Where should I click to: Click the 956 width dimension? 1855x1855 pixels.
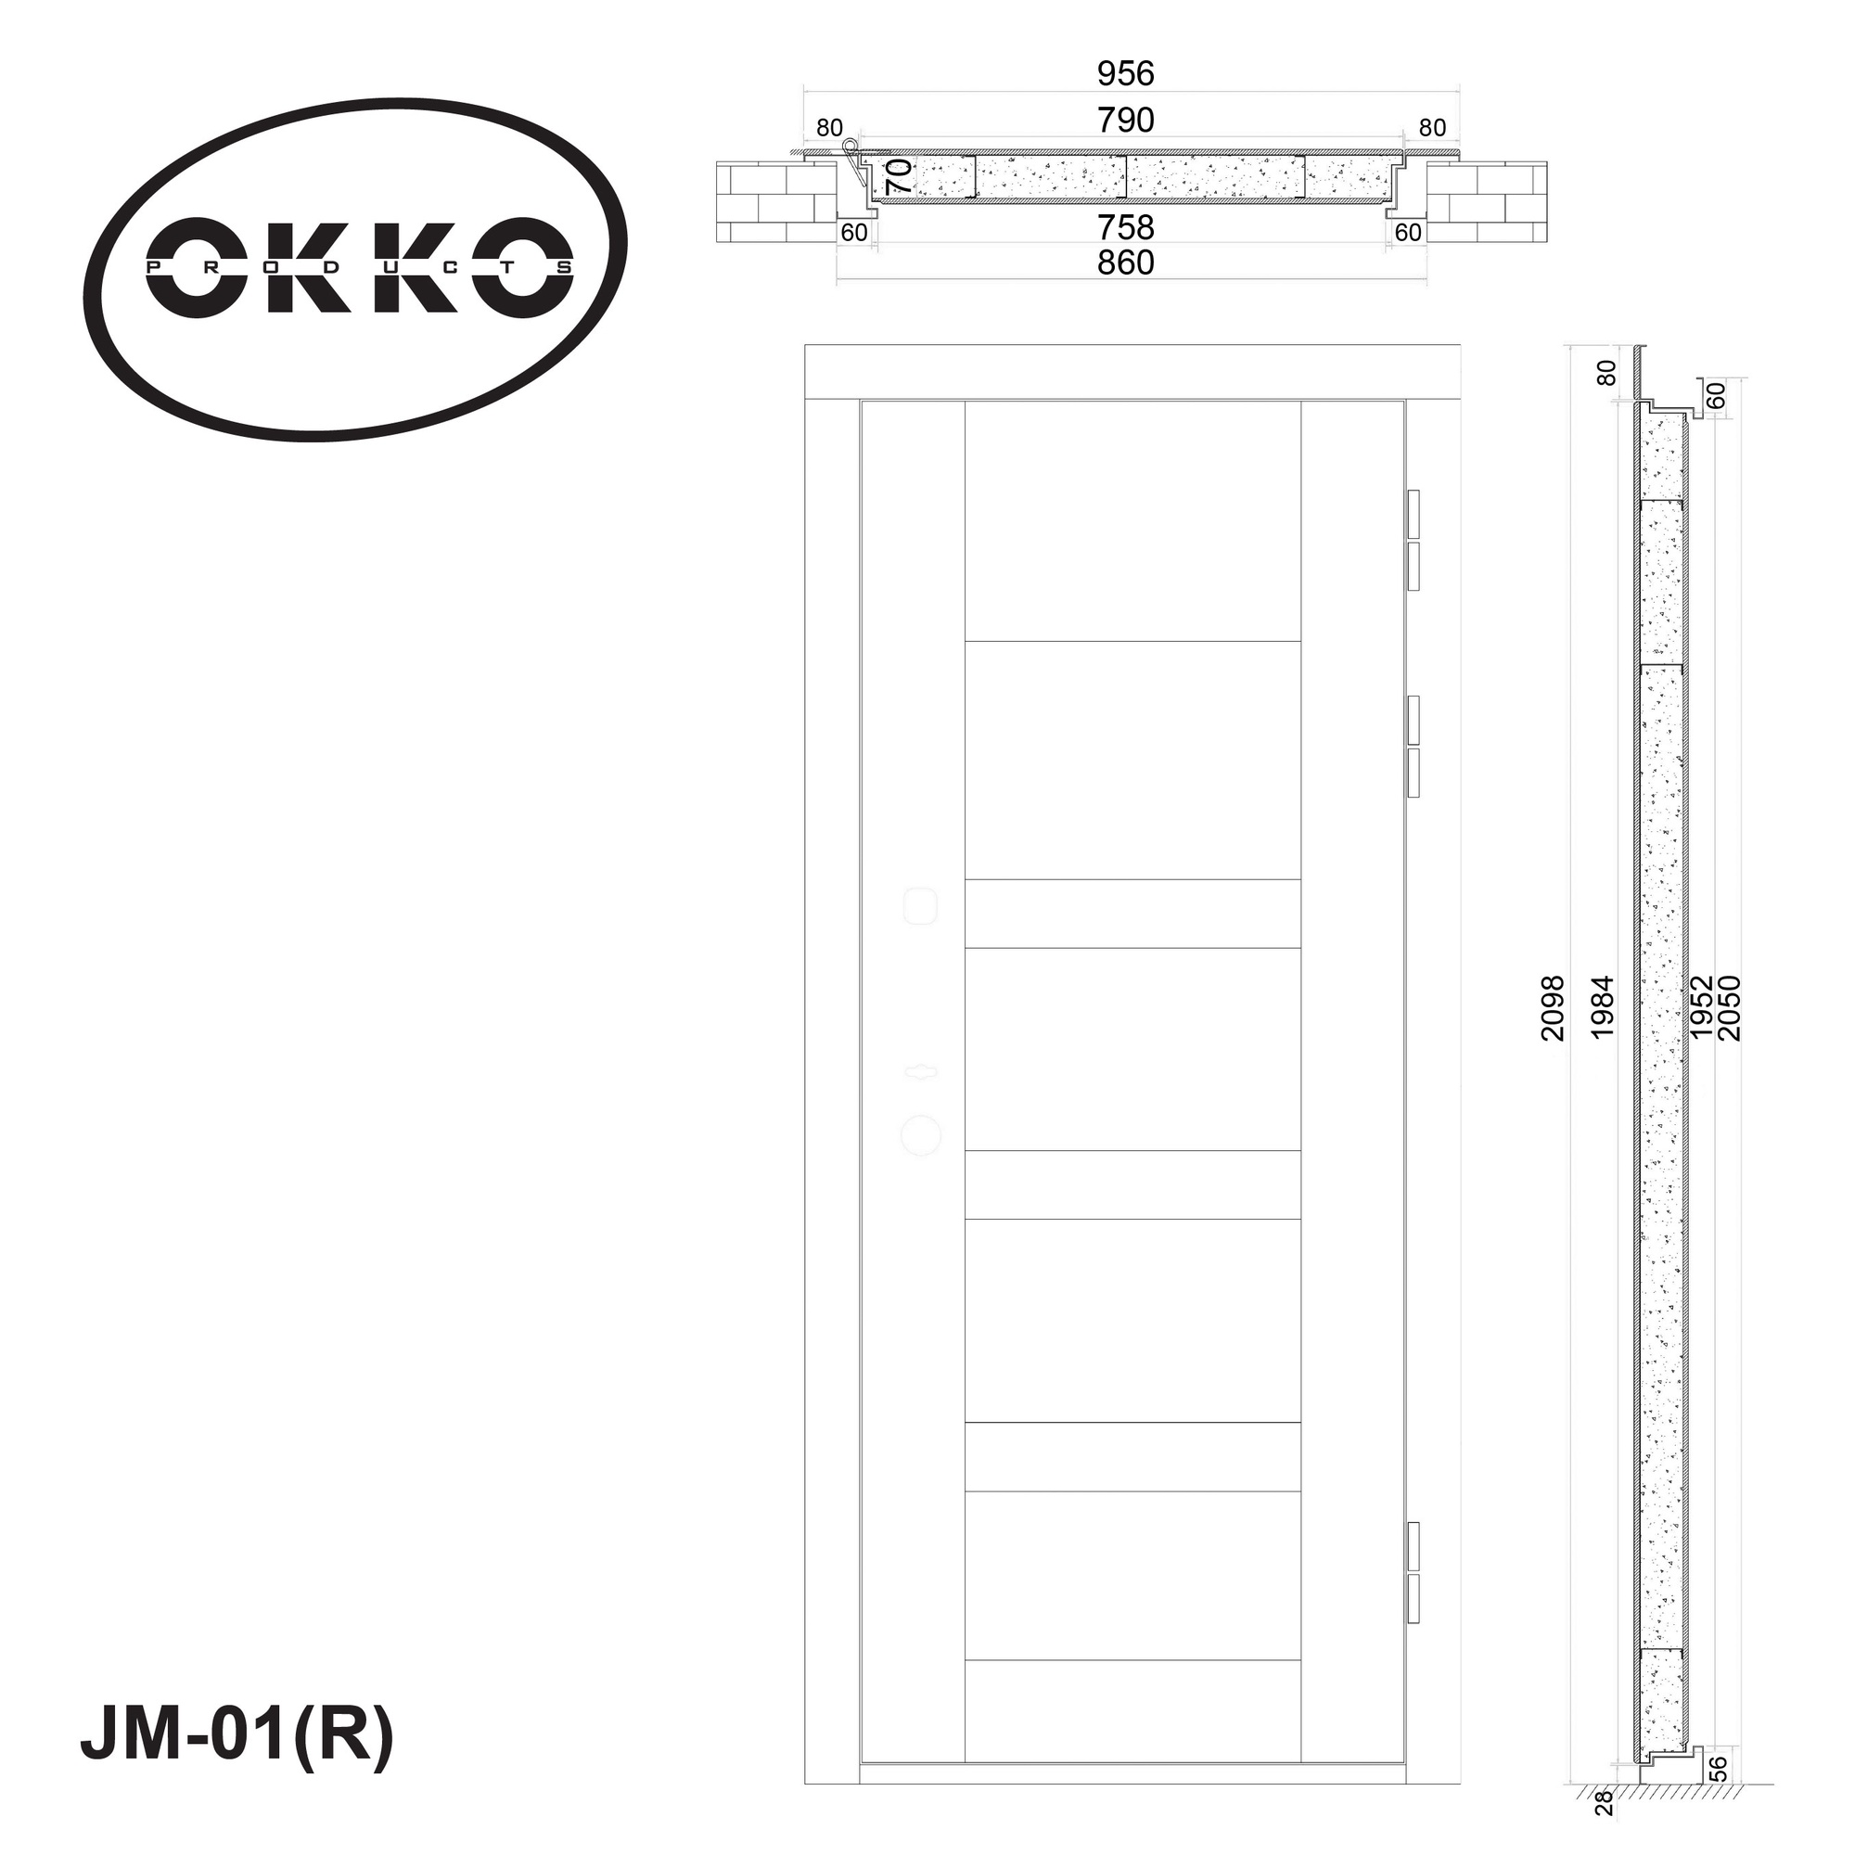click(x=1125, y=73)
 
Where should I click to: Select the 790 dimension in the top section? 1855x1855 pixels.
click(x=1125, y=120)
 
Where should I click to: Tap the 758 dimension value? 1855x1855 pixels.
click(x=1125, y=227)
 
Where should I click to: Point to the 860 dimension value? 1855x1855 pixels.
click(x=1125, y=262)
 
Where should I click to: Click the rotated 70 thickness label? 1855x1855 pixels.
click(x=900, y=176)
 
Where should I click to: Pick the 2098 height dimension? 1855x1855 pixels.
click(x=1553, y=1008)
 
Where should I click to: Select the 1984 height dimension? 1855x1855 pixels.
click(x=1603, y=1007)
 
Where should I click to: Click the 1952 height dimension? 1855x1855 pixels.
click(x=1700, y=1007)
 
